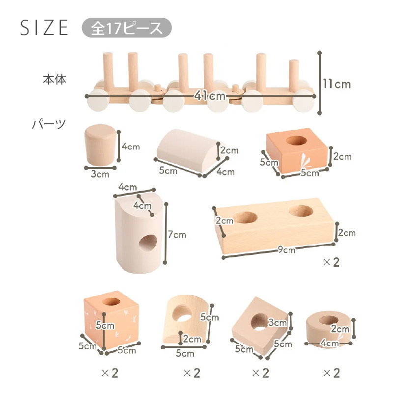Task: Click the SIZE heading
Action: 44,28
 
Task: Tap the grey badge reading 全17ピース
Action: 127,28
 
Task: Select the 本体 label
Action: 55,79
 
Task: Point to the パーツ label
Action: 49,124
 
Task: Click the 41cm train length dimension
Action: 210,96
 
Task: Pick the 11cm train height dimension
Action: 337,84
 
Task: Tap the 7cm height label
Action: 177,235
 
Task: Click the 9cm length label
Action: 287,250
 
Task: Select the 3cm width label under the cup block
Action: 100,174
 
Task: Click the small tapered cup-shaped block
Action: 100,145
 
